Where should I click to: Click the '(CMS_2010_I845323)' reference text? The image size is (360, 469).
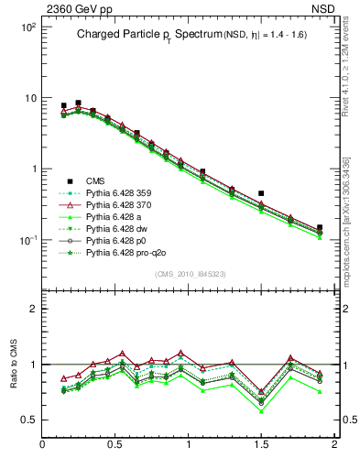click(x=189, y=273)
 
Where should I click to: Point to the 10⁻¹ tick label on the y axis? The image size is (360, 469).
click(x=27, y=240)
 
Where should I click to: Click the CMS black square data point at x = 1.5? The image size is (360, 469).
click(x=261, y=193)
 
